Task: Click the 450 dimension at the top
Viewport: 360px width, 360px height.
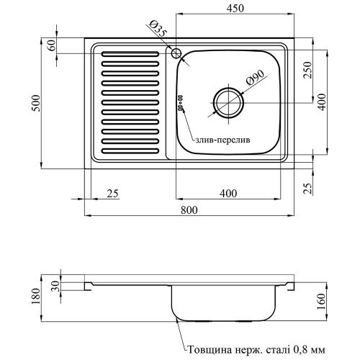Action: (x=235, y=9)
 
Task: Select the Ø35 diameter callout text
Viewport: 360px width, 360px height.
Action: (x=158, y=29)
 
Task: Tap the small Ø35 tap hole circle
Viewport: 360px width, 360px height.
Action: (x=176, y=53)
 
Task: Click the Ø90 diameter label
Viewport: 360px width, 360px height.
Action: (x=255, y=78)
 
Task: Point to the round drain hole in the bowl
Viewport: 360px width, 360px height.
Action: (x=228, y=103)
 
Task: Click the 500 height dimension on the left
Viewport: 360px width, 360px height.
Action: (x=36, y=103)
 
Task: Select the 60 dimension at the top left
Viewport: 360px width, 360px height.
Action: (x=52, y=45)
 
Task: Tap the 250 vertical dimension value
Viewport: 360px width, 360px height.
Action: (x=307, y=70)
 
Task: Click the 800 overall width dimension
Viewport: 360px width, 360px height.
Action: (x=189, y=210)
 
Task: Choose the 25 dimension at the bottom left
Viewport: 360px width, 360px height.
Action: (x=113, y=194)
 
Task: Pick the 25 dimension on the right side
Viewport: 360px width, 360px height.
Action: (x=307, y=189)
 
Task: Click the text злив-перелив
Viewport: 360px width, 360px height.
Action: (x=222, y=140)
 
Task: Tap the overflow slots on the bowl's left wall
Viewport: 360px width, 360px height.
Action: (x=180, y=102)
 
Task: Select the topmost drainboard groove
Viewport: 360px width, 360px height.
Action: (x=130, y=54)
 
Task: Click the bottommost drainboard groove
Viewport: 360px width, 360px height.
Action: (x=130, y=151)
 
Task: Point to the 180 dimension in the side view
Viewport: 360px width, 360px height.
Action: (x=35, y=297)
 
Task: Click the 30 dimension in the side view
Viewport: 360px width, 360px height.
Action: (x=55, y=287)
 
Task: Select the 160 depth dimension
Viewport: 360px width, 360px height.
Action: (x=321, y=302)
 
